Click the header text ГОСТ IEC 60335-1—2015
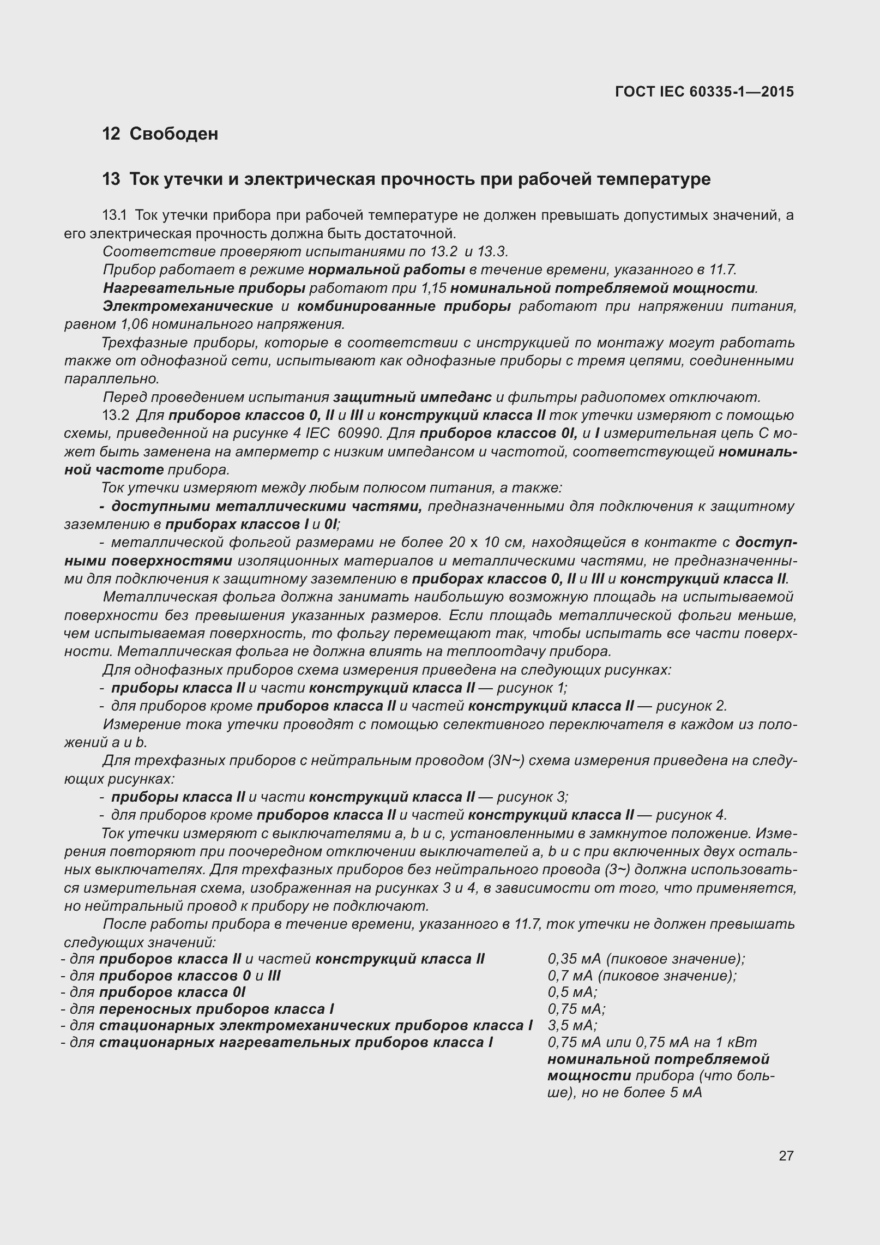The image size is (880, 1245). [x=704, y=92]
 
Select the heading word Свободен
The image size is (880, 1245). [x=174, y=134]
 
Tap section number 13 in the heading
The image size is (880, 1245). [x=111, y=179]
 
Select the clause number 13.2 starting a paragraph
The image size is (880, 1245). [x=116, y=416]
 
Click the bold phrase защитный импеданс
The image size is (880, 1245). [x=412, y=397]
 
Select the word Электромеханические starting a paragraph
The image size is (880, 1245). [x=188, y=306]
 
